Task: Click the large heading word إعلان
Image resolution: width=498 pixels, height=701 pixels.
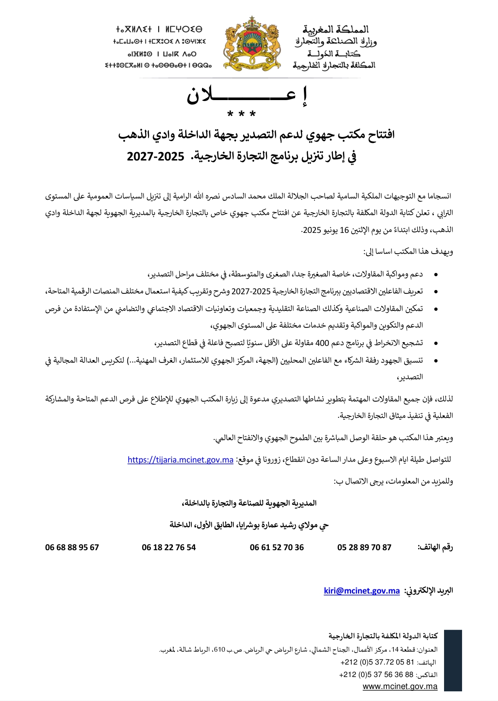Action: tap(247, 95)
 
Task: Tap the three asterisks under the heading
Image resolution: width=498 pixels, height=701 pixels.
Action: tap(242, 113)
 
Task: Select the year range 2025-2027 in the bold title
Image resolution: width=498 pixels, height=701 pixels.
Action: tap(155, 157)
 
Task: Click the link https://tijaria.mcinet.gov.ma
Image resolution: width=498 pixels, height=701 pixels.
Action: tap(180, 460)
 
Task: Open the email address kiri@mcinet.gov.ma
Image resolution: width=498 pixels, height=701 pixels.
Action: tap(362, 591)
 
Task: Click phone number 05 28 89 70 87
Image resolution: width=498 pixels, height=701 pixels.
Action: tap(364, 547)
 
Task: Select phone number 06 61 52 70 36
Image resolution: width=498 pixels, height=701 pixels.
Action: tap(277, 547)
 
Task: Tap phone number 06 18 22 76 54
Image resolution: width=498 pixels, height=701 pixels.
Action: tap(169, 547)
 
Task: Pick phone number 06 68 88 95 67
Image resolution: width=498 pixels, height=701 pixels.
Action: tap(72, 547)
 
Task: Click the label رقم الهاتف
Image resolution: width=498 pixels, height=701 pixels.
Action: tap(435, 547)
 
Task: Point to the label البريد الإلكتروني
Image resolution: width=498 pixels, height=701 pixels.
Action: tap(428, 591)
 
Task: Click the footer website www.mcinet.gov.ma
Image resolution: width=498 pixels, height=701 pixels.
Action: tap(400, 686)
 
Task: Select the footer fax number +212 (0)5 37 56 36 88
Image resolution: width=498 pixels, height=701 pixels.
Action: tap(376, 675)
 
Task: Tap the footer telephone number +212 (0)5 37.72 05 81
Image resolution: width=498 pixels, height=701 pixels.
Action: tap(377, 662)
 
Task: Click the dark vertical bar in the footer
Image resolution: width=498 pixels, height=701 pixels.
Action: tap(453, 660)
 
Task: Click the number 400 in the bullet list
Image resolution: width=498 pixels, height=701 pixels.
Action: tap(321, 343)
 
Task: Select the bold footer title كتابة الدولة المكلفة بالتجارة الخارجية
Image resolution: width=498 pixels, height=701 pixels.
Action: tap(383, 636)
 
